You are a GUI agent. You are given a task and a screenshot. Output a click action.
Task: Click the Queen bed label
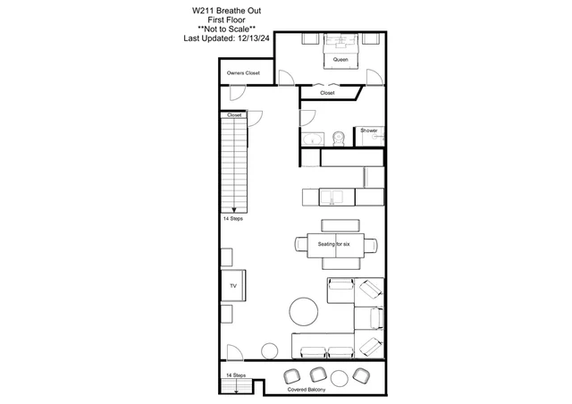click(341, 60)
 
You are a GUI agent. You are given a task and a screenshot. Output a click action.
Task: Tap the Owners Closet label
click(243, 73)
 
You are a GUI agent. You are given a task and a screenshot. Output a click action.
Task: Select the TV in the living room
click(233, 285)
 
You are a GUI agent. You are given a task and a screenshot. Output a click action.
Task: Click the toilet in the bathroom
click(339, 139)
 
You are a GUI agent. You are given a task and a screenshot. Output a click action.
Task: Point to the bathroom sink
click(313, 139)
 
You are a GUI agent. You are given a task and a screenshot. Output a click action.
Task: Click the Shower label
click(369, 130)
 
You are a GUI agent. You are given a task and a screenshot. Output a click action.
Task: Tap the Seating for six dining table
click(335, 245)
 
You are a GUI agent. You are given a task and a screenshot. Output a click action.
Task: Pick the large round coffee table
click(304, 311)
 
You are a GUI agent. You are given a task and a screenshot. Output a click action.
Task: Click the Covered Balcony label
click(307, 390)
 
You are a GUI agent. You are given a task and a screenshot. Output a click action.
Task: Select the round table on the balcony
click(340, 379)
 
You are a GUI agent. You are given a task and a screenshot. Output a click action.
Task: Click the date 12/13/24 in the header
click(253, 38)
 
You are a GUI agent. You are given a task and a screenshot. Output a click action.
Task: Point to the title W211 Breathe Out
click(226, 11)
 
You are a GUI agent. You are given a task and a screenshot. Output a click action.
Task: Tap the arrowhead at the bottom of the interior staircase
click(234, 210)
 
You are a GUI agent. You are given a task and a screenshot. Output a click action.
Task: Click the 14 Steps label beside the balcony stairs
click(236, 375)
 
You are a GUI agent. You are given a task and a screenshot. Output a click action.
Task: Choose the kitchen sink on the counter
click(332, 198)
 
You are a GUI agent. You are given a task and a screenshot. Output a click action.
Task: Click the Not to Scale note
click(226, 29)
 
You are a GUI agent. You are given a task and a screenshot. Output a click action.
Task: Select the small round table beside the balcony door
click(270, 351)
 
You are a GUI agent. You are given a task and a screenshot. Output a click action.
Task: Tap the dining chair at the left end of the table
click(301, 244)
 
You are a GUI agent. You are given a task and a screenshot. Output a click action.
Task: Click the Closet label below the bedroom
click(327, 93)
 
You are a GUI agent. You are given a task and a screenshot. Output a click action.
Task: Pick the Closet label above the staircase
click(234, 115)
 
